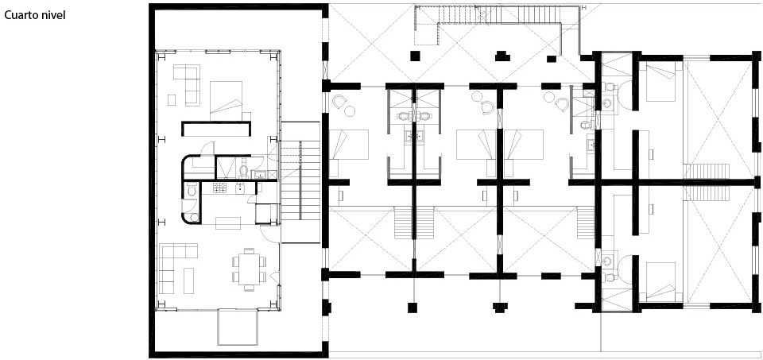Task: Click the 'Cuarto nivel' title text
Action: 34,16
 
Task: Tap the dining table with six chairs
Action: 250,269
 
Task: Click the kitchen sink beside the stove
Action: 240,188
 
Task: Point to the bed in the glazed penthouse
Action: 226,100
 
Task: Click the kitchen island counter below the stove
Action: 229,223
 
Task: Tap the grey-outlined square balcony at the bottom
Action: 238,327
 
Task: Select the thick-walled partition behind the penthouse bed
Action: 216,129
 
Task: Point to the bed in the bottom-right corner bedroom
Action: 660,281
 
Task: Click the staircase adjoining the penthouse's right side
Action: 300,180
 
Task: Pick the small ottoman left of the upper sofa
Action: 172,99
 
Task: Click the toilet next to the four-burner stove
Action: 192,190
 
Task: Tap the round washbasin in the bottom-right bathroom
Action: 607,261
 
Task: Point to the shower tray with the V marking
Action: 231,168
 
